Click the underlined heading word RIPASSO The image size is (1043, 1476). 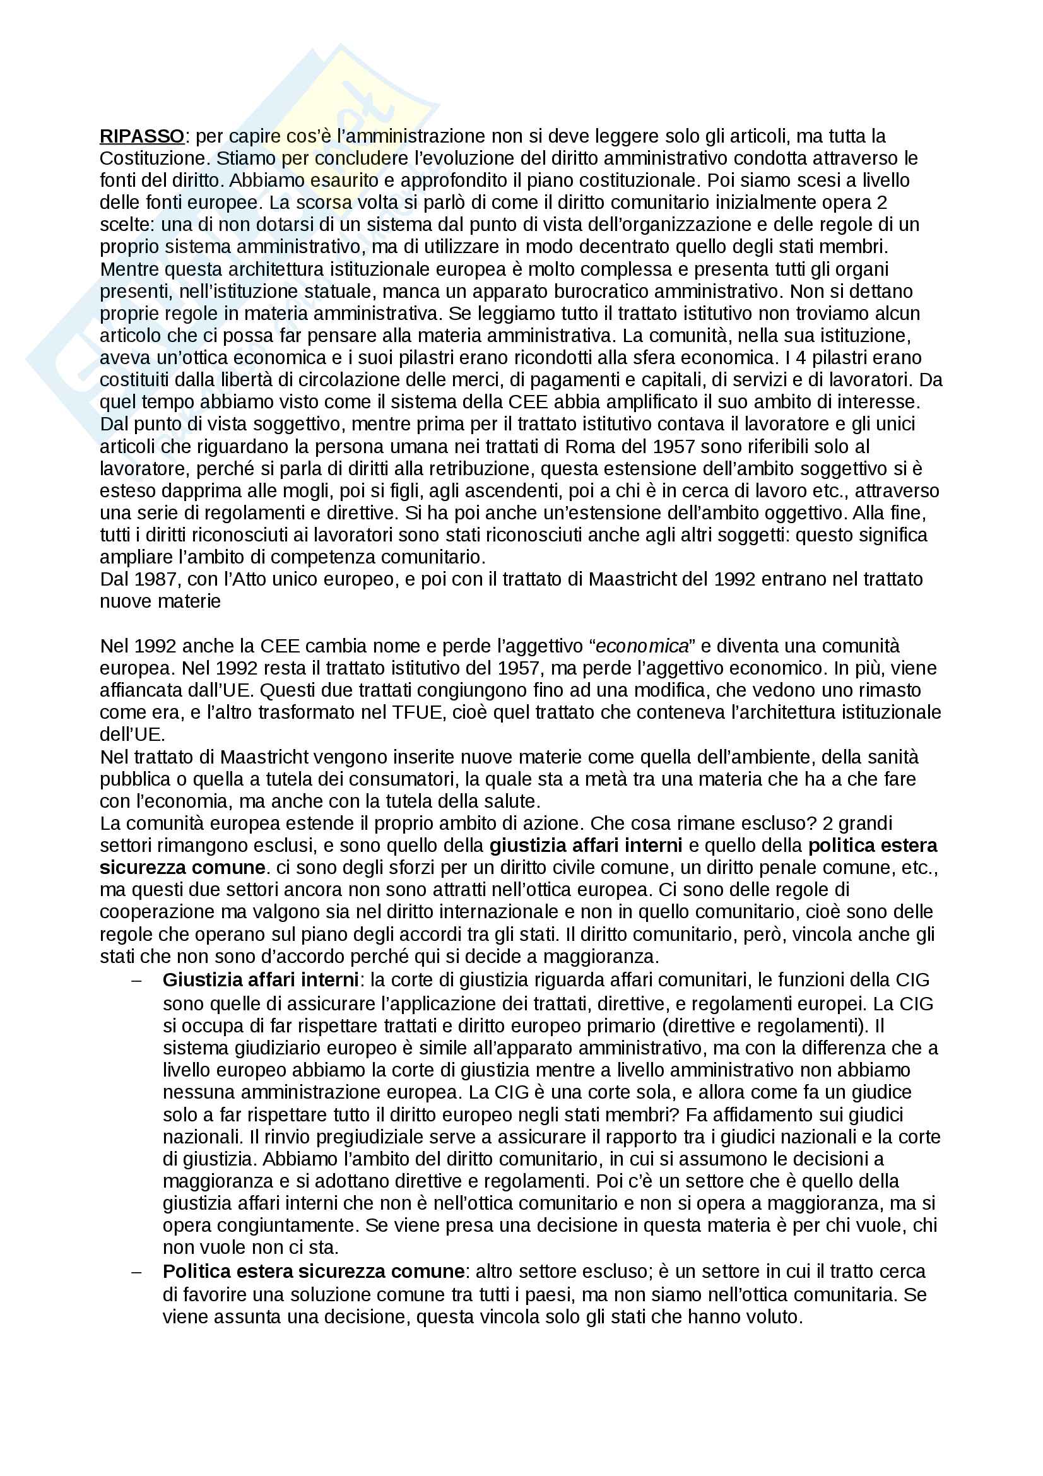[x=142, y=136]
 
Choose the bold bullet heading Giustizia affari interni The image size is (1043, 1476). [x=260, y=981]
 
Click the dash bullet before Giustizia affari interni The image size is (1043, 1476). [x=136, y=981]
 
